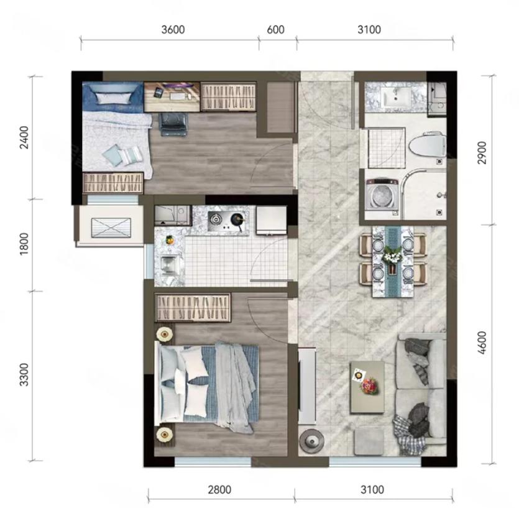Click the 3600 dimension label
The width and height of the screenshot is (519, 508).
click(x=173, y=29)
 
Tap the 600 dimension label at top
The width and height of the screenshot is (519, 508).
click(x=275, y=29)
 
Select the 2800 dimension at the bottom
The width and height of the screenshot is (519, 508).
click(x=219, y=489)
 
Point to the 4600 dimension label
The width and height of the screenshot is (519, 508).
click(x=482, y=343)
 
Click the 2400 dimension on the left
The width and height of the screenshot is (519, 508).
click(x=24, y=137)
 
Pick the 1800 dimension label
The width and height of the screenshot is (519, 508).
click(x=24, y=244)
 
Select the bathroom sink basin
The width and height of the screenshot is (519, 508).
click(x=396, y=96)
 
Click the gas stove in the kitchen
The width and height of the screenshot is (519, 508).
click(x=228, y=221)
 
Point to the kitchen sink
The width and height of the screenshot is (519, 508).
click(x=170, y=265)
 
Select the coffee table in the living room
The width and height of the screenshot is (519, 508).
click(x=367, y=387)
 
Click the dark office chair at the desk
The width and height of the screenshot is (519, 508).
click(x=173, y=124)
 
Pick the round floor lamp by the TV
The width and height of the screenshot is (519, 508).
click(x=311, y=440)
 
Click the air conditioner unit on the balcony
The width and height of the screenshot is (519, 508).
click(x=111, y=228)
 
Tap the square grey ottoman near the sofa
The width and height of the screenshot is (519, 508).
click(x=369, y=441)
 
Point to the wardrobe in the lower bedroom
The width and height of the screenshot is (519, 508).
click(x=193, y=308)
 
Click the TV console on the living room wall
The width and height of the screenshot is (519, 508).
click(x=307, y=386)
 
